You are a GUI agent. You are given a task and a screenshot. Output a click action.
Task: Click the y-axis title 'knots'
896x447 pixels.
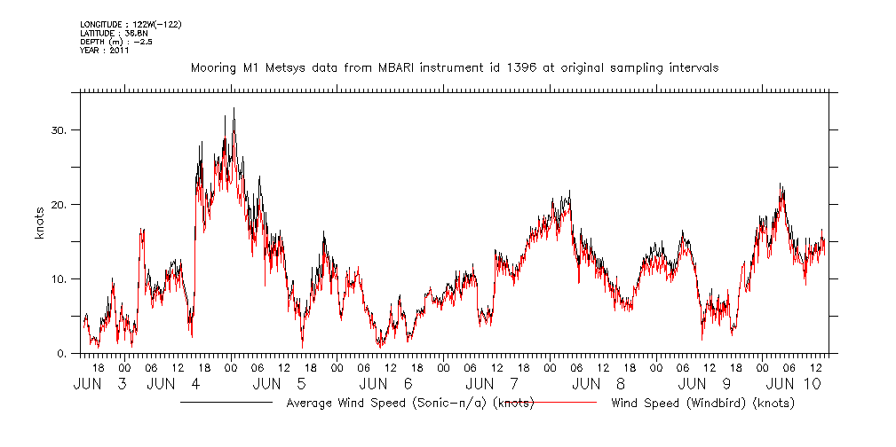tap(40, 222)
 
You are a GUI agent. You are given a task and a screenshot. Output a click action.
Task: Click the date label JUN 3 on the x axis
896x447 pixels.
tap(100, 384)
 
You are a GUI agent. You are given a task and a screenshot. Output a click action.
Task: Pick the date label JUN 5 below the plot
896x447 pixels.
tap(280, 384)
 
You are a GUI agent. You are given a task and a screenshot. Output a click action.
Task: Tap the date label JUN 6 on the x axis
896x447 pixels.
tap(386, 384)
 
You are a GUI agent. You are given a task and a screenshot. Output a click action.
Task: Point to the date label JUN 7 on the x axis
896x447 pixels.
tap(493, 384)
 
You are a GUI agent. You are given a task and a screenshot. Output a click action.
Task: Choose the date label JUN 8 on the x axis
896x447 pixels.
tap(599, 384)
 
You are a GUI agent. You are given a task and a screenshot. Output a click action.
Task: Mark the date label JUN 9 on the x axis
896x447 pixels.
tap(706, 384)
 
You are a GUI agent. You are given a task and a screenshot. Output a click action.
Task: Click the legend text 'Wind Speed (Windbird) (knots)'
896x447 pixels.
tap(702, 404)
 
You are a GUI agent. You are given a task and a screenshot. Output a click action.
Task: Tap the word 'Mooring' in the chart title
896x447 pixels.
tap(215, 68)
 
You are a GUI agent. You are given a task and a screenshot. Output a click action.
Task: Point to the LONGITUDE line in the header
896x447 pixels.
tap(131, 24)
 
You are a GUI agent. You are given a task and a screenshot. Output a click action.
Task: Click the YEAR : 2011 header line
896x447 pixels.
tap(105, 51)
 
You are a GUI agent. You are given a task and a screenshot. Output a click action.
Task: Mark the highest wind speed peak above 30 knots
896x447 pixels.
tap(234, 109)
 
